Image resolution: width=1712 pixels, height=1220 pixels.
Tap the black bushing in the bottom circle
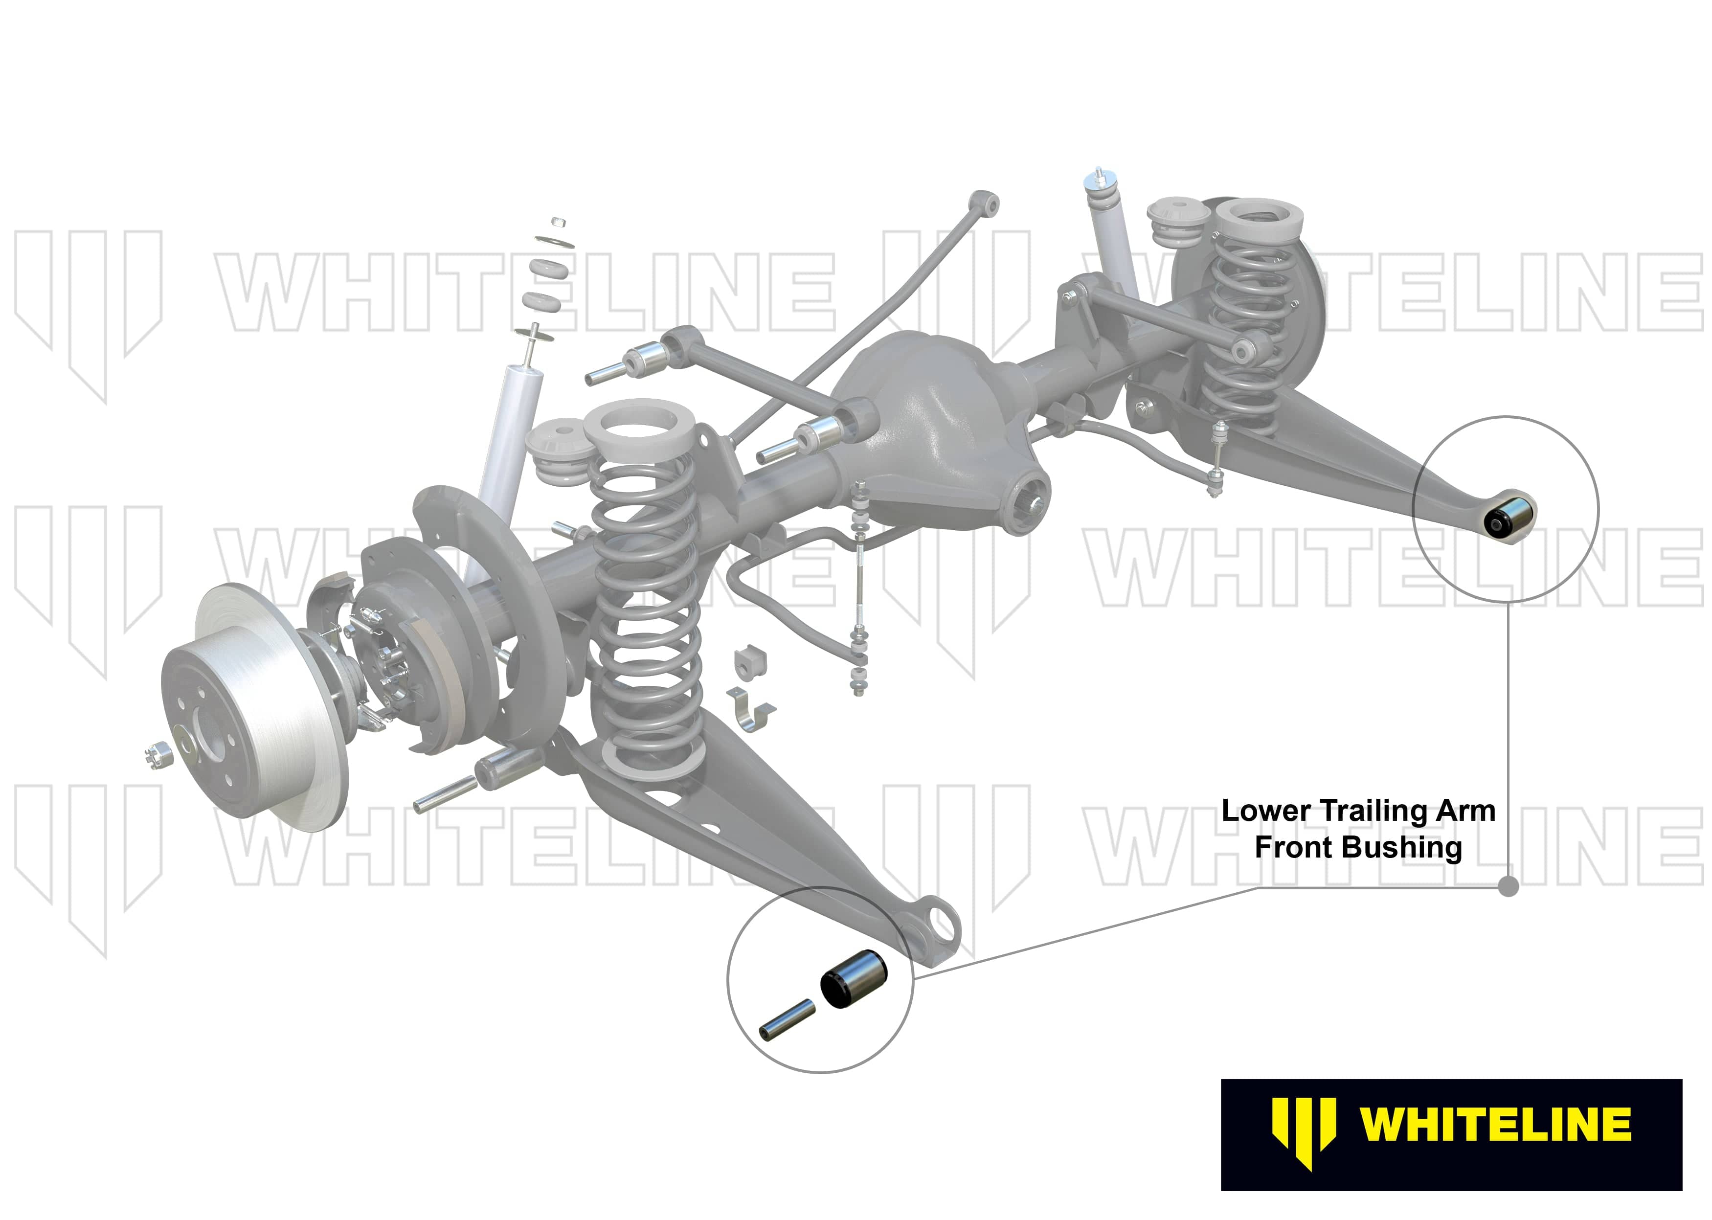854,979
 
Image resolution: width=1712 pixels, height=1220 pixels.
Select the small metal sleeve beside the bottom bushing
787,1018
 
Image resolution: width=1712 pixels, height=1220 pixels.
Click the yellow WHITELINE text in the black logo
1495,1125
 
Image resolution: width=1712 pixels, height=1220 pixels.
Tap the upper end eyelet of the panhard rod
986,203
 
